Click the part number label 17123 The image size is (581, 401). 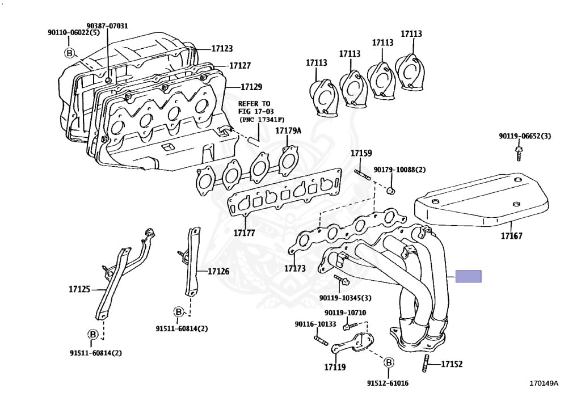coord(222,49)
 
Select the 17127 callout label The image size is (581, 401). coord(239,66)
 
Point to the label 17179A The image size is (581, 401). coord(288,131)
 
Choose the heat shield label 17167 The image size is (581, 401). coord(511,235)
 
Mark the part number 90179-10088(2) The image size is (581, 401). coord(399,170)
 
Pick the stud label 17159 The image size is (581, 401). coord(361,153)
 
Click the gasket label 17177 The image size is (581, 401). coord(243,233)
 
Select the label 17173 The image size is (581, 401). coord(295,268)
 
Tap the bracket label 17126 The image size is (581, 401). coord(218,271)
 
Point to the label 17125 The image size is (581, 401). coord(79,289)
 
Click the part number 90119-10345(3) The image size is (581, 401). coord(345,298)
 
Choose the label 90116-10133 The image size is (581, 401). coord(315,324)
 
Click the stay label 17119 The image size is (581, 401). coord(335,367)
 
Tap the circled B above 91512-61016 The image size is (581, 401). coord(389,362)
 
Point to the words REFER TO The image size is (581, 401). coord(254,104)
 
